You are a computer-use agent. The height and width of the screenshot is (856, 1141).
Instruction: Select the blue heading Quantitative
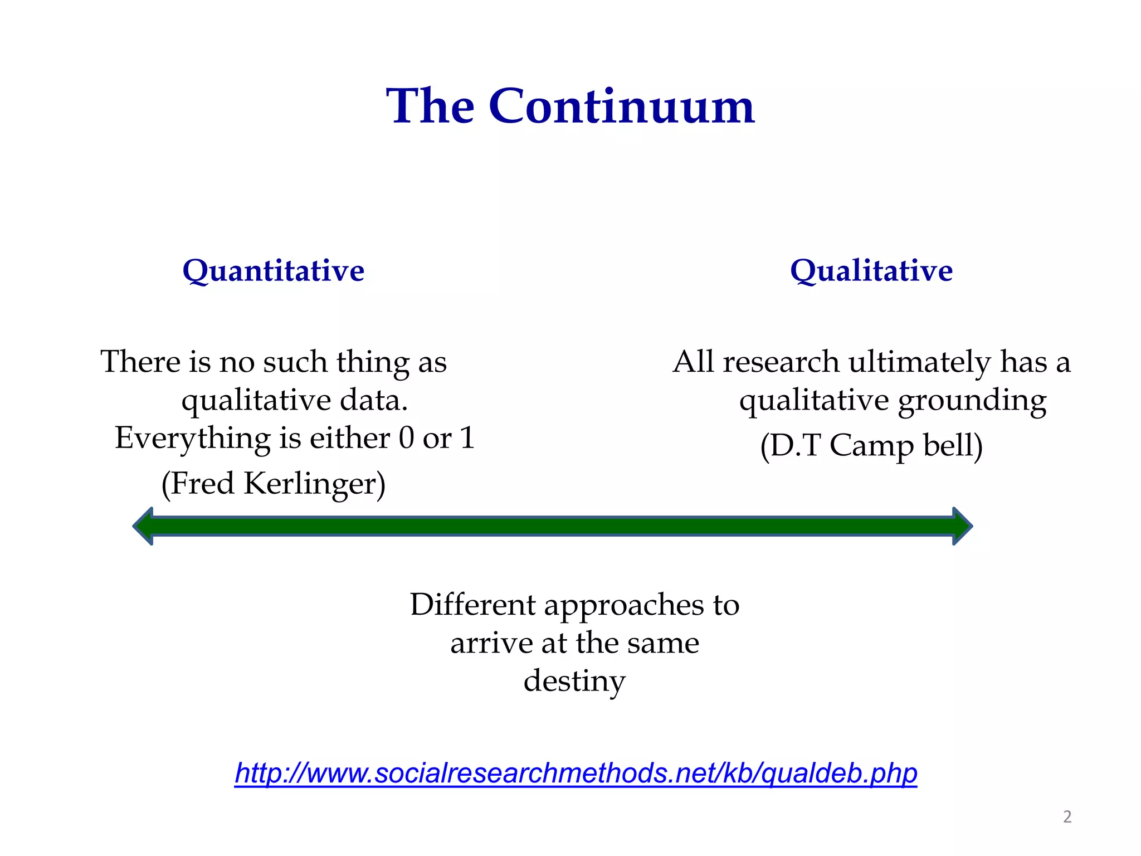pos(273,271)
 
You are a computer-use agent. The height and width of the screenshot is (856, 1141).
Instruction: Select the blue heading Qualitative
pos(871,271)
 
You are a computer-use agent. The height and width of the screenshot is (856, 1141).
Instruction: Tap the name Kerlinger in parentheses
pos(314,484)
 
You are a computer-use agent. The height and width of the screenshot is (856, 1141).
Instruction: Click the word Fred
pos(202,484)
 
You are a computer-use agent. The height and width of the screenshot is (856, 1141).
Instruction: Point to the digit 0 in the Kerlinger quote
pos(406,438)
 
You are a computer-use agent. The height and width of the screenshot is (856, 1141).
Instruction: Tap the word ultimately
pos(919,363)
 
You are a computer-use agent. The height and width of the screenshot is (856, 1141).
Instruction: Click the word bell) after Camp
pos(953,446)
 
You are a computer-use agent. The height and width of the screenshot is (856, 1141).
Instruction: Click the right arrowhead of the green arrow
pos(962,526)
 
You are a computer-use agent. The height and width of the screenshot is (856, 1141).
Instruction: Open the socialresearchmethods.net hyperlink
pos(576,774)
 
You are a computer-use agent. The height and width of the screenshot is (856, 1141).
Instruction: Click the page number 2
pos(1067,817)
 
